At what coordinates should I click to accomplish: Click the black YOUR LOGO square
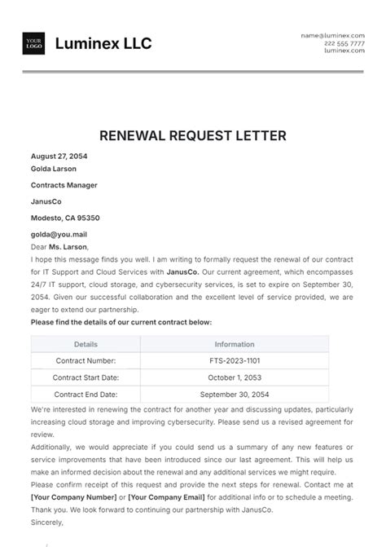pyautogui.click(x=33, y=44)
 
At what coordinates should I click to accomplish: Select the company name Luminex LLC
pyautogui.click(x=103, y=44)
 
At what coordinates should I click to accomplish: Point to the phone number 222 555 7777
pyautogui.click(x=344, y=43)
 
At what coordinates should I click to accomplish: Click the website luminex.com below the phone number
pyautogui.click(x=344, y=51)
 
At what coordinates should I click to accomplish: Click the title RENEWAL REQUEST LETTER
pyautogui.click(x=193, y=135)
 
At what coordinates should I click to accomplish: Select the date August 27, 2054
pyautogui.click(x=59, y=156)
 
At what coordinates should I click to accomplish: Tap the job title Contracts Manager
pyautogui.click(x=64, y=185)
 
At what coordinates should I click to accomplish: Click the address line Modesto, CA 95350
pyautogui.click(x=65, y=218)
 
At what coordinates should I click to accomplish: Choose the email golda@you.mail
pyautogui.click(x=59, y=234)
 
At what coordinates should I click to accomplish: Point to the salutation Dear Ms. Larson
pyautogui.click(x=59, y=246)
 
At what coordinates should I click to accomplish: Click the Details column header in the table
pyautogui.click(x=85, y=344)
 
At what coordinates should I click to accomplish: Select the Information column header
pyautogui.click(x=235, y=344)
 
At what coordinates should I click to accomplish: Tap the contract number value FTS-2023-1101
pyautogui.click(x=235, y=360)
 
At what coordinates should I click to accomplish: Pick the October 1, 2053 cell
pyautogui.click(x=235, y=377)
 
